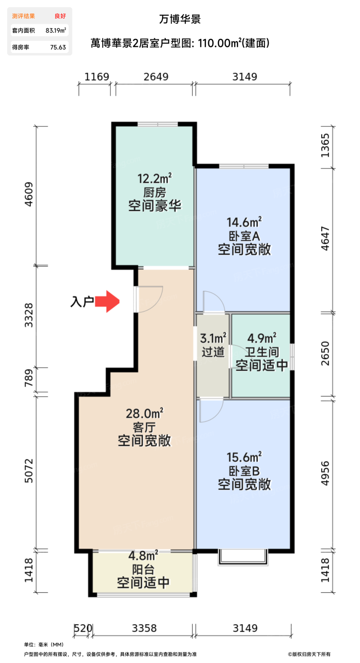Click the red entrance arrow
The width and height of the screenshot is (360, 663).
108,301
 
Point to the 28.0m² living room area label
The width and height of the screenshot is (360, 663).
144,413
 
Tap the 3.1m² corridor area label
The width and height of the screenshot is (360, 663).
213,338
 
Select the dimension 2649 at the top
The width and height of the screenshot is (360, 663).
153,77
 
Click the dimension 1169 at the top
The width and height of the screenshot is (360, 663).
97,77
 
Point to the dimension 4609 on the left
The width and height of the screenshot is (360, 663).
29,194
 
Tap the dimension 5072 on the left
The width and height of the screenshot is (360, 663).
29,470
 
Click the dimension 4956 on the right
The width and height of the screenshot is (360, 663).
324,473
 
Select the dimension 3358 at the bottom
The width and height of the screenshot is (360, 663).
144,628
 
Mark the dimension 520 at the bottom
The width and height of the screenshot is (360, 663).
82,628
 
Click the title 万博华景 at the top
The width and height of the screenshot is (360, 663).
180,19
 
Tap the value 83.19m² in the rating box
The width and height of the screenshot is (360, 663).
55,31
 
